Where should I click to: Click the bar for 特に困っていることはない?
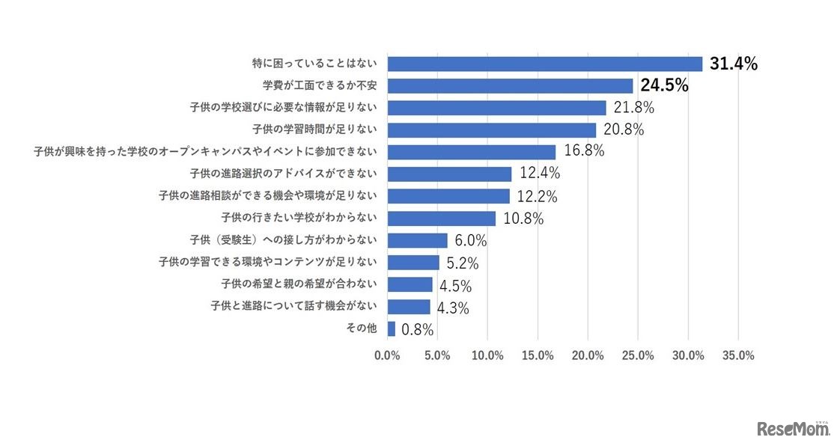[544, 64]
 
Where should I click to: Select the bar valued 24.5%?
[510, 86]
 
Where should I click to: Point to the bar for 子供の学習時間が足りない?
[491, 130]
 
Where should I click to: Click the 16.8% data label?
[585, 152]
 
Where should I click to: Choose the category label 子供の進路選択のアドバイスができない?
[283, 174]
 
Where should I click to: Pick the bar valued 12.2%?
[448, 196]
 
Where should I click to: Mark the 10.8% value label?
[523, 219]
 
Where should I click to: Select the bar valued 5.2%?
[413, 262]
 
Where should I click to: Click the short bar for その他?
[391, 329]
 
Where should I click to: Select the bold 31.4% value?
[734, 64]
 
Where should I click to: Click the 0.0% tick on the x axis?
[387, 355]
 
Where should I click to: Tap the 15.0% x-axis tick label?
[538, 355]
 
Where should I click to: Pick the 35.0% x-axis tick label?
[738, 355]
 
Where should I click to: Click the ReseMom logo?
[793, 429]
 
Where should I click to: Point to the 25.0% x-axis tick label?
[638, 355]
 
